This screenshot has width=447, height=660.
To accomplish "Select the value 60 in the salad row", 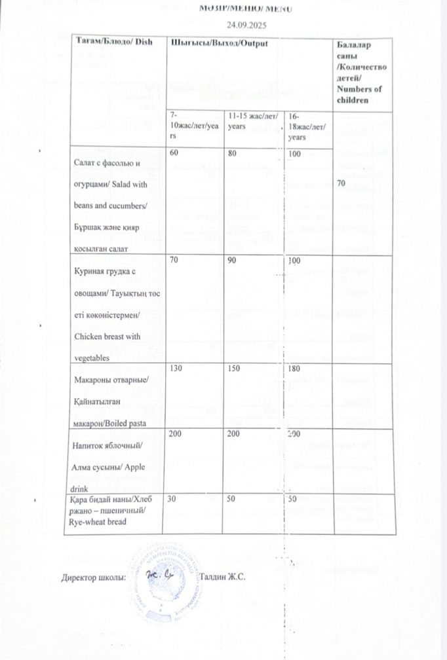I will tap(174, 153).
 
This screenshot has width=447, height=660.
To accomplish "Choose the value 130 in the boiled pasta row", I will tap(176, 369).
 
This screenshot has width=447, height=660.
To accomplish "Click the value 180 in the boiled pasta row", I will tap(295, 370).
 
